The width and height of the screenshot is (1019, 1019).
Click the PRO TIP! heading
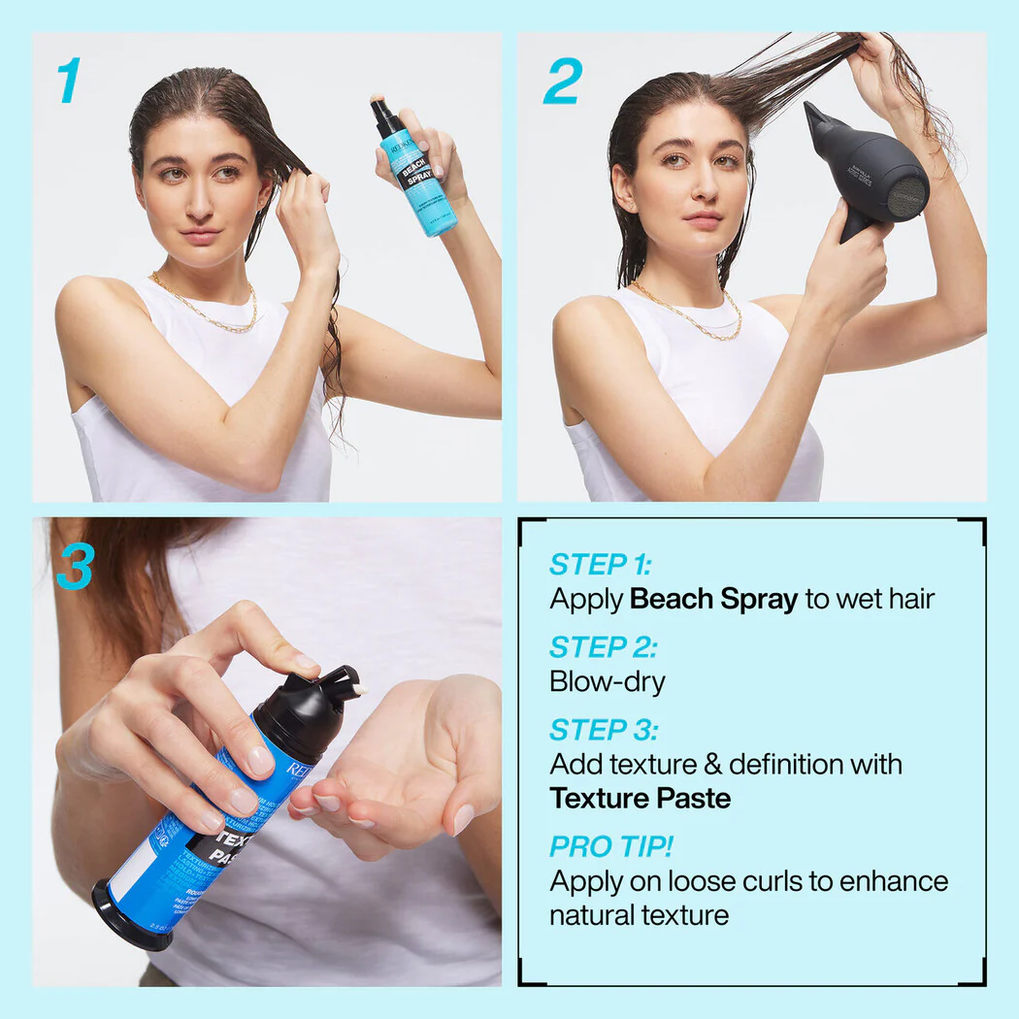[610, 846]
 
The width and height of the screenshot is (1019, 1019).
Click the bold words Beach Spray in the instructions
[713, 599]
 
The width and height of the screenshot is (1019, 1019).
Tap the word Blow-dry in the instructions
[608, 681]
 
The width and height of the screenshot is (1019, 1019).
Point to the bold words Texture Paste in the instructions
[640, 798]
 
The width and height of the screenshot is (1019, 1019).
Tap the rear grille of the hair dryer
[907, 189]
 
